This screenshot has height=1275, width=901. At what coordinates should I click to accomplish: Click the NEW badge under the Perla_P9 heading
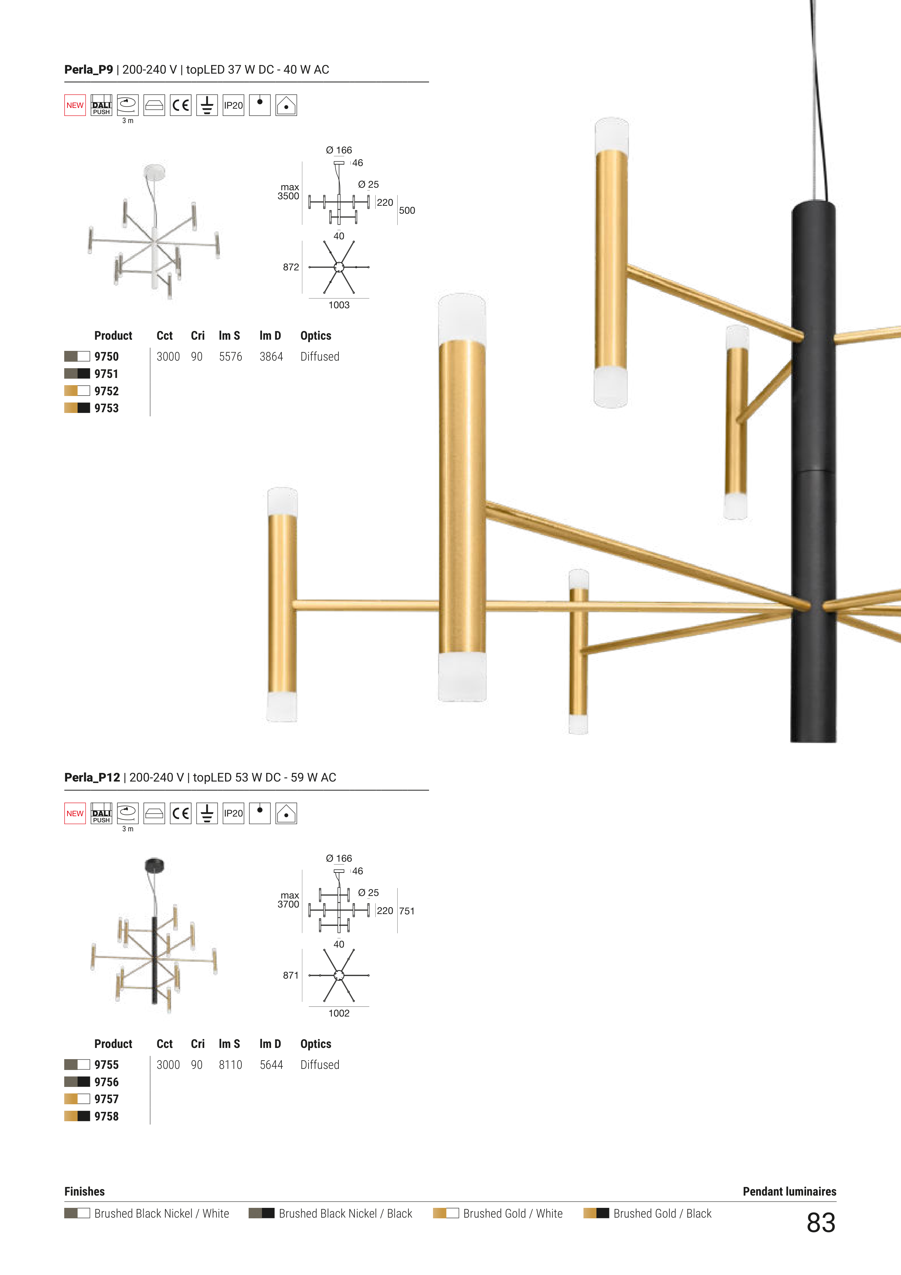coord(75,105)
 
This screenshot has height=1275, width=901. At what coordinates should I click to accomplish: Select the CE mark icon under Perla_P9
coord(180,105)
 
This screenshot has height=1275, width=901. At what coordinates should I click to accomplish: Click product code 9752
coord(106,391)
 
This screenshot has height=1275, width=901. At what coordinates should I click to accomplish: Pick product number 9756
coord(106,1082)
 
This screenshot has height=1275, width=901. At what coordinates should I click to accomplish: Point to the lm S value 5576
coord(230,357)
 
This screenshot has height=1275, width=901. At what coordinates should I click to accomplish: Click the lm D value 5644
coord(271,1065)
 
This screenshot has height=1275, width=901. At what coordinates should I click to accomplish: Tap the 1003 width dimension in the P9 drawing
coord(339,305)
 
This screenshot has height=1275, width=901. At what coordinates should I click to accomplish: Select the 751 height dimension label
coord(407,911)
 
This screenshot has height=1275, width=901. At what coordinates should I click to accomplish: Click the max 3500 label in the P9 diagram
coord(289,192)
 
